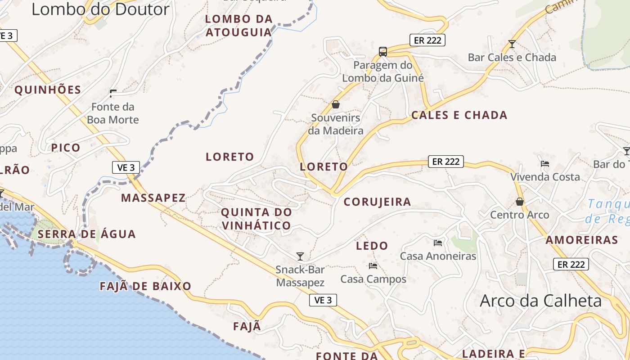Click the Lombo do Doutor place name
click(100, 9)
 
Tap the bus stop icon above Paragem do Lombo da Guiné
click(383, 51)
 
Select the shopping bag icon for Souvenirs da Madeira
click(336, 105)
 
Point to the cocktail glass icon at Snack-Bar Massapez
click(300, 256)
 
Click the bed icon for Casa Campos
click(373, 266)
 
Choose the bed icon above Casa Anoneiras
click(438, 243)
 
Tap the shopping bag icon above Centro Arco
click(520, 202)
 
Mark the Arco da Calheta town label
click(540, 301)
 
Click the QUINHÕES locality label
click(48, 90)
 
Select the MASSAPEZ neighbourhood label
click(153, 198)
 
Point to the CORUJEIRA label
click(377, 202)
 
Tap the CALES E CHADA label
click(459, 115)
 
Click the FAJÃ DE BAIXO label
click(145, 286)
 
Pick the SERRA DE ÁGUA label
click(86, 234)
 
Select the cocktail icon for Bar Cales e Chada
click(512, 44)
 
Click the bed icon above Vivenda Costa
click(545, 164)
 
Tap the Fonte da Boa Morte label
click(112, 113)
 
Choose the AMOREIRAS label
click(582, 240)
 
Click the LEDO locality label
click(372, 246)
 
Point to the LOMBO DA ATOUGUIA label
click(239, 26)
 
